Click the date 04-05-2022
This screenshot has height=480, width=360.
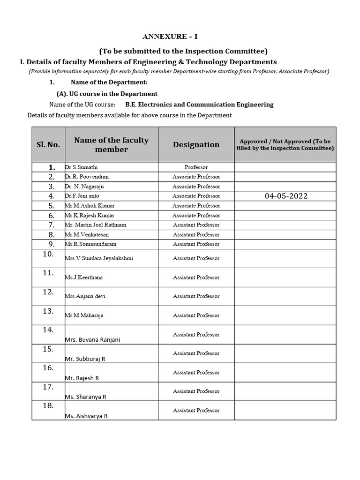[286, 196]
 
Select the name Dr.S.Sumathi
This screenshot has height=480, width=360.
[82, 167]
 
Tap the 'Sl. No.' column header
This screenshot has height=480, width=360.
[48, 144]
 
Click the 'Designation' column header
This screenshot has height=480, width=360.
[196, 144]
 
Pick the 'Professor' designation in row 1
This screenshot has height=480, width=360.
[196, 167]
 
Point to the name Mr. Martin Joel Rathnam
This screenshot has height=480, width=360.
[96, 225]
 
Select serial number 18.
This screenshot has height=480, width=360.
[48, 406]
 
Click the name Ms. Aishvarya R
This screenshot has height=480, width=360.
[86, 416]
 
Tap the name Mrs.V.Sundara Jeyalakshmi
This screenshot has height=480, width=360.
[99, 258]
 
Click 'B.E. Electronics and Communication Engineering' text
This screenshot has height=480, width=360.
[199, 105]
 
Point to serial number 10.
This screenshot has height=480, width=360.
[48, 254]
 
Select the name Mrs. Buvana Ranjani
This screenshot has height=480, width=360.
[92, 340]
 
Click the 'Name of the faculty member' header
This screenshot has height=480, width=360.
[111, 144]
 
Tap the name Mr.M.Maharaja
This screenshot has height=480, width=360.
[84, 315]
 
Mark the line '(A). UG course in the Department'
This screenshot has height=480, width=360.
[107, 94]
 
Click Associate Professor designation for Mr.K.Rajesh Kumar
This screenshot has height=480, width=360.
[196, 215]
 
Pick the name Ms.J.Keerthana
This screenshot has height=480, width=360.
[84, 277]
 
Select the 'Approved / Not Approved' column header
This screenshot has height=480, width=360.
[285, 144]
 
